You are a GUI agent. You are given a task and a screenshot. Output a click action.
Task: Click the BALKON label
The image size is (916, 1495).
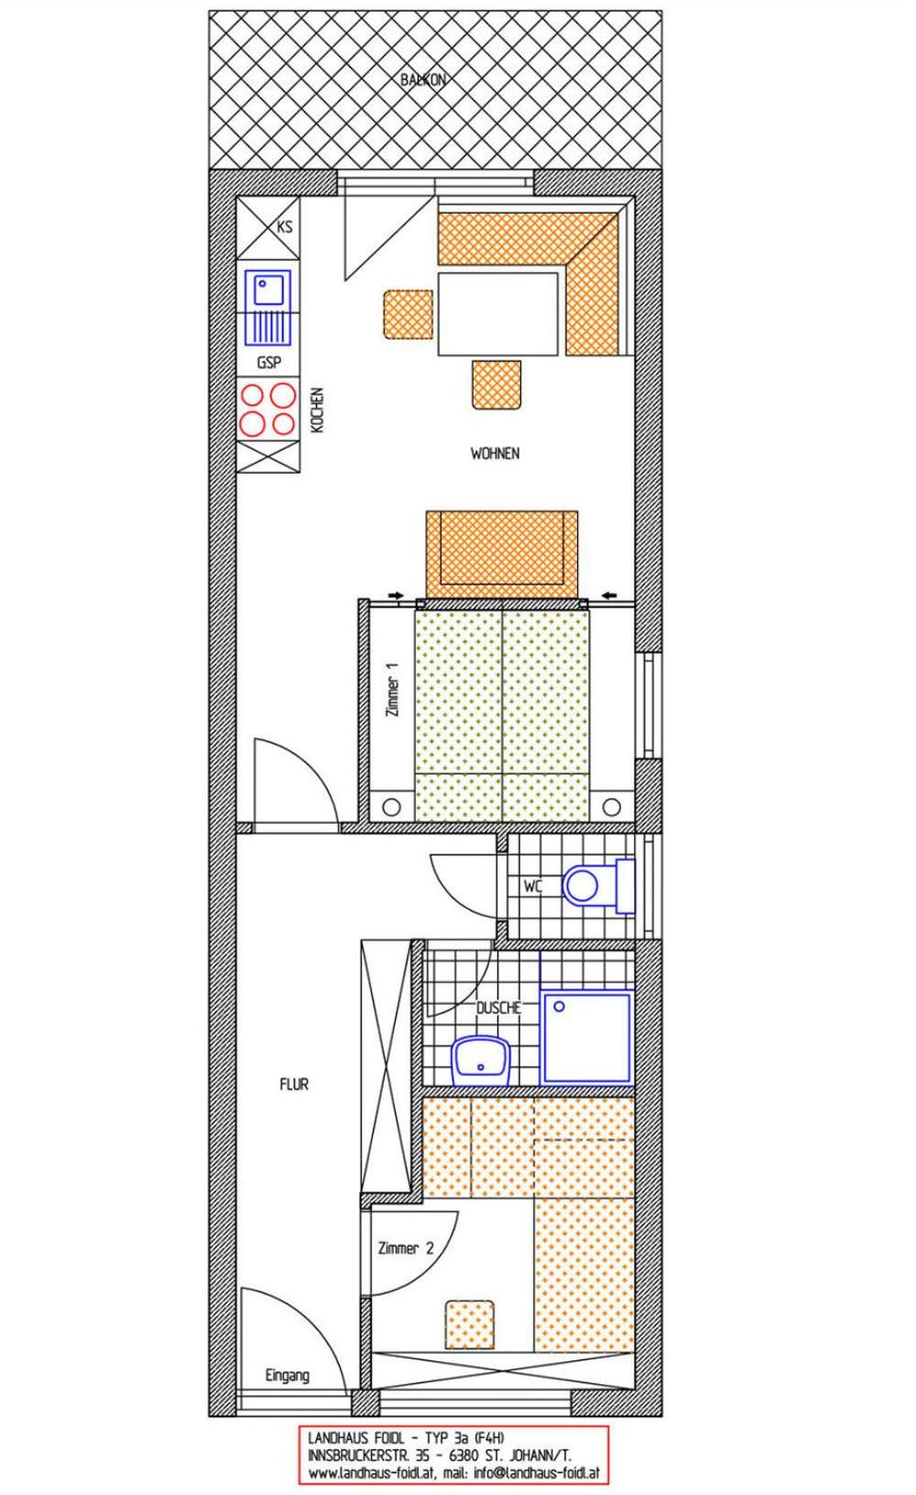click(423, 80)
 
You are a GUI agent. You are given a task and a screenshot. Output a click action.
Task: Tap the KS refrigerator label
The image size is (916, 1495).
click(285, 227)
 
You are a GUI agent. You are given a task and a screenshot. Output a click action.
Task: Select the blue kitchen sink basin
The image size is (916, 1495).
click(268, 289)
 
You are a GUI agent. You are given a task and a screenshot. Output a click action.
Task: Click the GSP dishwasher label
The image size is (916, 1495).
click(269, 363)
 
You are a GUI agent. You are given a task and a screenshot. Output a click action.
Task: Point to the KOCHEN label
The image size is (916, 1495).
click(318, 409)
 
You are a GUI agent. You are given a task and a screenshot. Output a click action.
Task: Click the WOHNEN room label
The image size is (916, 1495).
click(495, 453)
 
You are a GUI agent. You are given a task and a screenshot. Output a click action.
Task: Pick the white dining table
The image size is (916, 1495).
click(497, 313)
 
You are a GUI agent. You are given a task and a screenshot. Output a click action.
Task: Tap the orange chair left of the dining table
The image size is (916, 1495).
click(409, 314)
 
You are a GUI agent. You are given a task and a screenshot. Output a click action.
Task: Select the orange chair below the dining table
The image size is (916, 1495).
click(496, 385)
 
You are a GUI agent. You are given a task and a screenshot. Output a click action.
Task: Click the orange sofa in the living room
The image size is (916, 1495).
click(502, 554)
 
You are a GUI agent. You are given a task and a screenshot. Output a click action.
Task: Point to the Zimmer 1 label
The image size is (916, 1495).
click(394, 690)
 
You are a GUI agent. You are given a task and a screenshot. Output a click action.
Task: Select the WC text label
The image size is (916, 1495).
click(533, 887)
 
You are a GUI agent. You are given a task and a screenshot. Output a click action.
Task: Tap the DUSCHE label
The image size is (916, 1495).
click(498, 1008)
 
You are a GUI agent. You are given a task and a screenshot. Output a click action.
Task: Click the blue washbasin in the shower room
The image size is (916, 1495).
click(481, 1061)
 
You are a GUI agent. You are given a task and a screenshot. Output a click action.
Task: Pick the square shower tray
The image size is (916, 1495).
click(587, 1037)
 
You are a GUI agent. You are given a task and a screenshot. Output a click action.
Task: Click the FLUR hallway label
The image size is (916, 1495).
click(294, 1085)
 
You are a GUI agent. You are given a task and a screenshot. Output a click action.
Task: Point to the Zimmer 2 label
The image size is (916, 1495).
click(406, 1248)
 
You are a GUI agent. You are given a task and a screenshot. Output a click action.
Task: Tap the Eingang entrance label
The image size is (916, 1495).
click(288, 1375)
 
